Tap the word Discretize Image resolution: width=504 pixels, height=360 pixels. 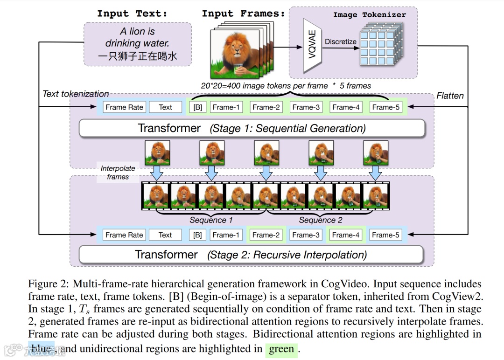click(341, 42)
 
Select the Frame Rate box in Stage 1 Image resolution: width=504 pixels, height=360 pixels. click(124, 107)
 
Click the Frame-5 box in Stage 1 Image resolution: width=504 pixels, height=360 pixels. click(386, 107)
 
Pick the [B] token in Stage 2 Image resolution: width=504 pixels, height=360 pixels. click(197, 235)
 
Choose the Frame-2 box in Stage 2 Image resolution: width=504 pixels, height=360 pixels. click(266, 235)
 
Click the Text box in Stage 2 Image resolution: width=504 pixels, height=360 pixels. click(165, 235)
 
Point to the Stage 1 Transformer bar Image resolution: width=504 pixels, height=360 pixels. click(252, 128)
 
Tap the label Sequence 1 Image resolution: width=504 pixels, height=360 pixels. click(211, 220)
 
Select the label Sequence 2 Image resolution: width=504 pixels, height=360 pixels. click(321, 220)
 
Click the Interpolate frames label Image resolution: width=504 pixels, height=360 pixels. click(118, 173)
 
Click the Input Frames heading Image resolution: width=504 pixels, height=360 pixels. click(243, 14)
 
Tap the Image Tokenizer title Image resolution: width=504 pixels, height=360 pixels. click(369, 15)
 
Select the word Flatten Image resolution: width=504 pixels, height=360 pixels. click(450, 96)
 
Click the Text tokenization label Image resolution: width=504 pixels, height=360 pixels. click(76, 94)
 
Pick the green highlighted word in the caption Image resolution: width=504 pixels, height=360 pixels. click(281, 349)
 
